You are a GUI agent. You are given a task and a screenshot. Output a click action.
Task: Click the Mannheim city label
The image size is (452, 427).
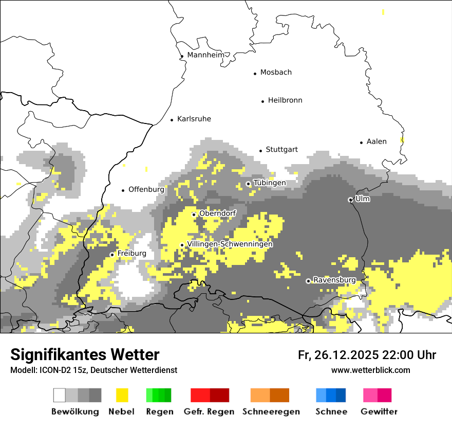tap(205, 55)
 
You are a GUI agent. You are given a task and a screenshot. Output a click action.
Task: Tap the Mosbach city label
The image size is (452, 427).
tap(276, 73)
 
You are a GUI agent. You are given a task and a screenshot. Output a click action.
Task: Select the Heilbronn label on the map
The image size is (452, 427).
tap(285, 100)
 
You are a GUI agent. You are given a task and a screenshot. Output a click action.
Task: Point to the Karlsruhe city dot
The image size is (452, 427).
tap(172, 120)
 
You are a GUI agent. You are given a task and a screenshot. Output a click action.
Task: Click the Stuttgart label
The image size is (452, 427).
tap(281, 150)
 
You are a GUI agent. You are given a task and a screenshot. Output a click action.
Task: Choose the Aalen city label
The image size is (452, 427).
tap(376, 141)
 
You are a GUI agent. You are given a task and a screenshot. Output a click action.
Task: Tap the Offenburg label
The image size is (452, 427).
tap(146, 189)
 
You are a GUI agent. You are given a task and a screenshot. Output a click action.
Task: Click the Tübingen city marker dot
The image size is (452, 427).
tap(248, 184)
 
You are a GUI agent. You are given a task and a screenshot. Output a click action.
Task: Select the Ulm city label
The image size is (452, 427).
tap(363, 199)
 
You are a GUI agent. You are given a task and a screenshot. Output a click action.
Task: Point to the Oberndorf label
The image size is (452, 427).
tap(218, 213)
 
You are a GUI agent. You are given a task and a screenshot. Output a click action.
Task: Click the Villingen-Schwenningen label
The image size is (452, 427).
tap(230, 244)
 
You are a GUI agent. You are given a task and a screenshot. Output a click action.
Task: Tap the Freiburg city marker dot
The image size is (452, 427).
tap(112, 255)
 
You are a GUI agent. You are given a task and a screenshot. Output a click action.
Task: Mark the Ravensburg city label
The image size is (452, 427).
tap(334, 280)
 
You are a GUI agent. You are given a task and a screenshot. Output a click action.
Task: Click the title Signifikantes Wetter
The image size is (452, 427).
tap(85, 354)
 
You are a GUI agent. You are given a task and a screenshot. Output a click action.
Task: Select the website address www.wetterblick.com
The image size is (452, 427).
tap(371, 370)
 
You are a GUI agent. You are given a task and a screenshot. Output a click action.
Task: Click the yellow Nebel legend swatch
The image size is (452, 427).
tap(122, 395)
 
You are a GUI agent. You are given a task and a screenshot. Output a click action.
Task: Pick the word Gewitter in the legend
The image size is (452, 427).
tap(379, 412)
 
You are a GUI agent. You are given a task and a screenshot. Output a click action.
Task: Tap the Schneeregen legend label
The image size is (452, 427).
tap(271, 412)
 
